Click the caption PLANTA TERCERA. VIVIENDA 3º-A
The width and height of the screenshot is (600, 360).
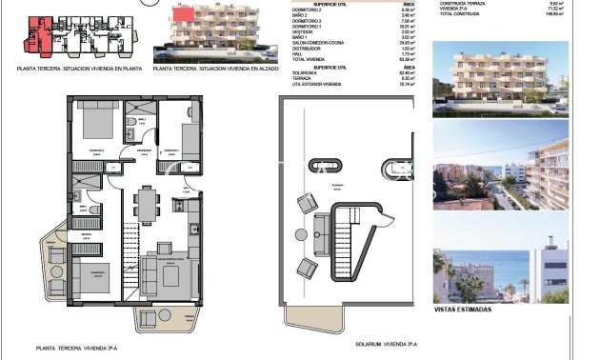click(94, 348)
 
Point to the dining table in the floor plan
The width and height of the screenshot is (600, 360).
click(147, 201)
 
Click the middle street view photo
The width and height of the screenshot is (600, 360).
click(500, 172)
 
